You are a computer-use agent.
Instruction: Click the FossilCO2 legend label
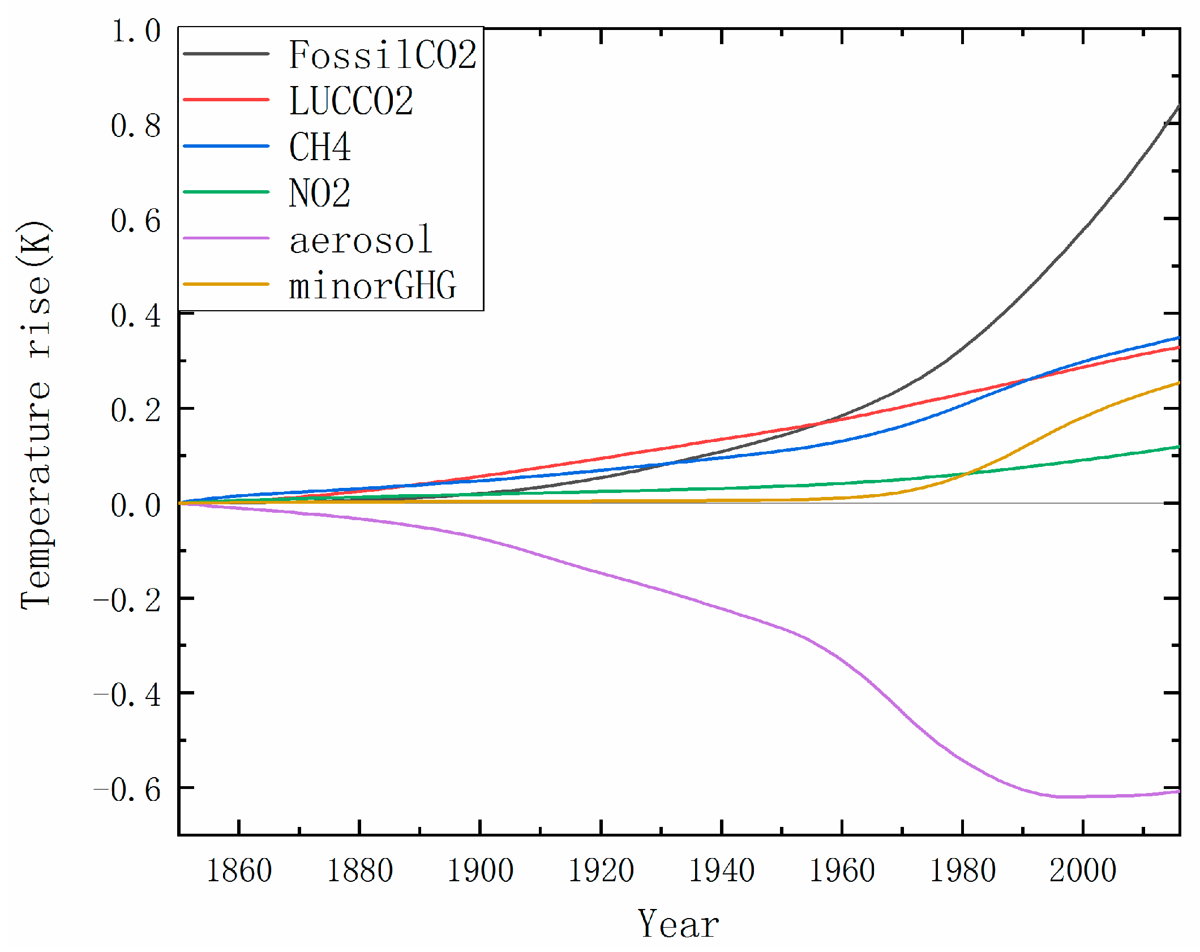383,55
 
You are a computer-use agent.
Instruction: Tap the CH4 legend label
320,147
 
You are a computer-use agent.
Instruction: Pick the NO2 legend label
320,193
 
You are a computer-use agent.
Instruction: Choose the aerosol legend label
361,239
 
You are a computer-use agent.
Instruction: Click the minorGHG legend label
372,285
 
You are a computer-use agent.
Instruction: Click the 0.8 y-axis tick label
136,126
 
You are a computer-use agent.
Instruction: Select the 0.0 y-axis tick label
136,505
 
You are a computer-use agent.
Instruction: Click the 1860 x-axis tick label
239,870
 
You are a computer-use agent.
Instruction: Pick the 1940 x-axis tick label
721,870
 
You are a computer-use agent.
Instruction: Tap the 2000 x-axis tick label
1082,870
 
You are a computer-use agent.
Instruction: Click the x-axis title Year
678,924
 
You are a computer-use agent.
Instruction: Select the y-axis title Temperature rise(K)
35,415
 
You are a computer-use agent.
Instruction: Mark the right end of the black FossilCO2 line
1178,106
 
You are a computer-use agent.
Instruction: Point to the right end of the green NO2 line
1178,447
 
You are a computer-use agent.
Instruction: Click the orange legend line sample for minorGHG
226,284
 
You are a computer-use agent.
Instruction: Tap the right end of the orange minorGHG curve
1178,383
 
